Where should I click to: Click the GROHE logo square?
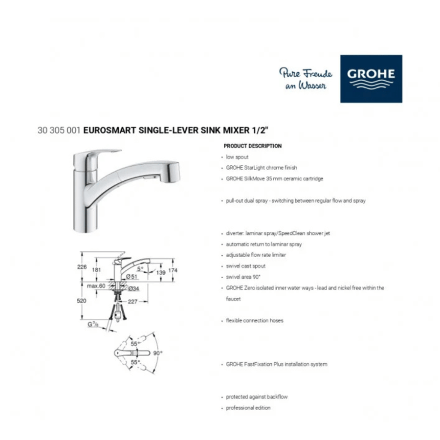point(371,79)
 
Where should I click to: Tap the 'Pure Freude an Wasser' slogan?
point(306,79)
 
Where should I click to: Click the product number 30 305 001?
point(59,130)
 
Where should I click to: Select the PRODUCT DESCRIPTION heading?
point(253,146)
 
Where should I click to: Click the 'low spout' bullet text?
point(237,157)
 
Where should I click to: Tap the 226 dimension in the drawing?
point(82,266)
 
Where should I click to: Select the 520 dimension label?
point(81,301)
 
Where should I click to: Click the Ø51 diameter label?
point(132,276)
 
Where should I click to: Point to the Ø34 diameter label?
point(133,288)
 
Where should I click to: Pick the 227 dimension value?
point(132,301)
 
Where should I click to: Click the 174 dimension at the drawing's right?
point(173,270)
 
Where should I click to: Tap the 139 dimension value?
point(161,272)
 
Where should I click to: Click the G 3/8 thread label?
point(93,325)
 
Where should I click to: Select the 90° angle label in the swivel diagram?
point(158,353)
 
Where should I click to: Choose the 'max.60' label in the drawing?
point(96,286)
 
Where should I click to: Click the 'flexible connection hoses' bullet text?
point(255,320)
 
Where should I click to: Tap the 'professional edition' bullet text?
point(248,408)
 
